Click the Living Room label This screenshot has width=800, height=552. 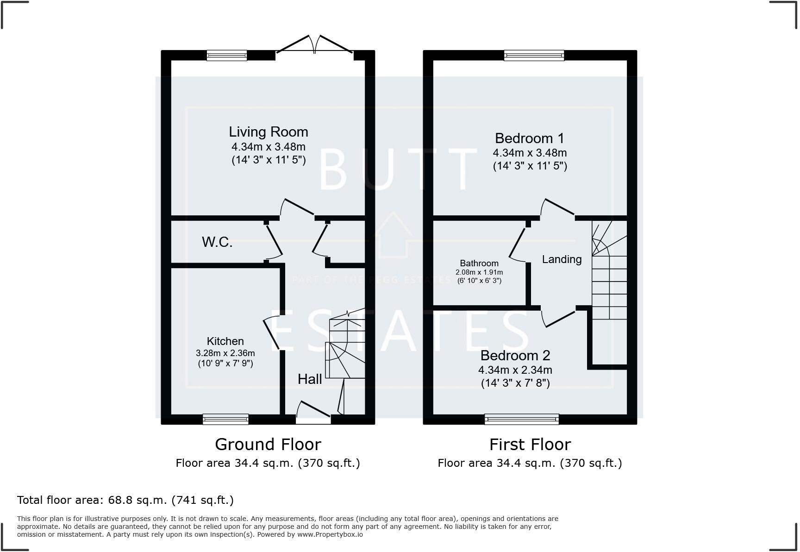pos(268,132)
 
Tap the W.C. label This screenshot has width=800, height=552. pos(217,242)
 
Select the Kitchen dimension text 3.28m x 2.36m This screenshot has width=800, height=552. pos(225,353)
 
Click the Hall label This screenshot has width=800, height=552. pos(310,379)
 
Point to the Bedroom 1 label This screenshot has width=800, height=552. pos(530,138)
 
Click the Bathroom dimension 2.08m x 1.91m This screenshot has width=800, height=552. pos(479,272)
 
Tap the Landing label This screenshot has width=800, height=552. pos(562,259)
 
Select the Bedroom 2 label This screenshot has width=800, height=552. pos(515,356)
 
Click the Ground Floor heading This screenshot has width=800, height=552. pos(268,445)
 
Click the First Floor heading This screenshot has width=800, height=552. pos(530,445)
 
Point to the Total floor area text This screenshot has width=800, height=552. pos(125,500)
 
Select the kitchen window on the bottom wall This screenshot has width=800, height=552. pos(225,420)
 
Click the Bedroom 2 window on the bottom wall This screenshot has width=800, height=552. pos(521,420)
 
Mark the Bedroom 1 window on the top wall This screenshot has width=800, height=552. pos(534,56)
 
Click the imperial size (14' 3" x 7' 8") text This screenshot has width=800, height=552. pos(515,383)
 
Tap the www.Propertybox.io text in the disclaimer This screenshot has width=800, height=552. pos(330,534)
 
